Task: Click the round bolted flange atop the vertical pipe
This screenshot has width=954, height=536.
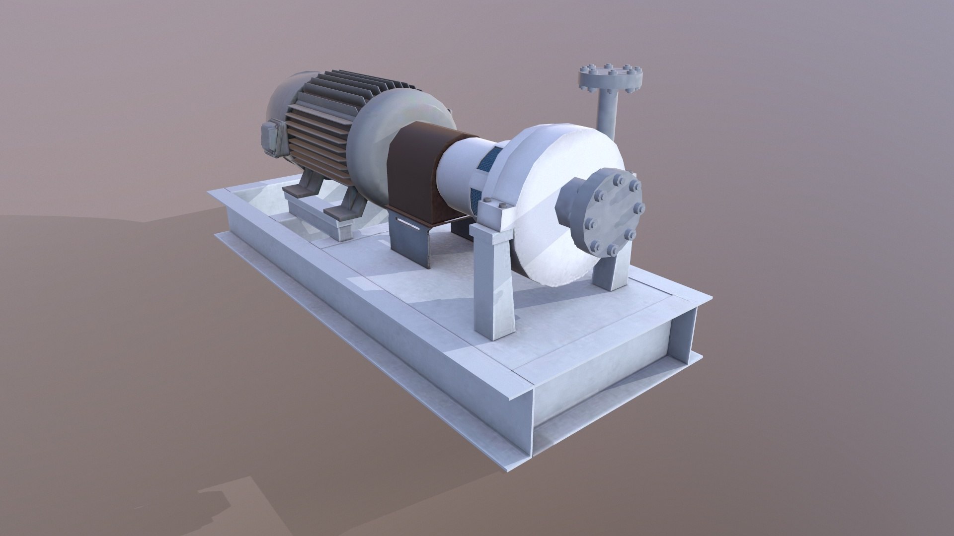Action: [611, 78]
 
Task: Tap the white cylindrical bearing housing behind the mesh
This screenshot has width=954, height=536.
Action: [457, 169]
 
